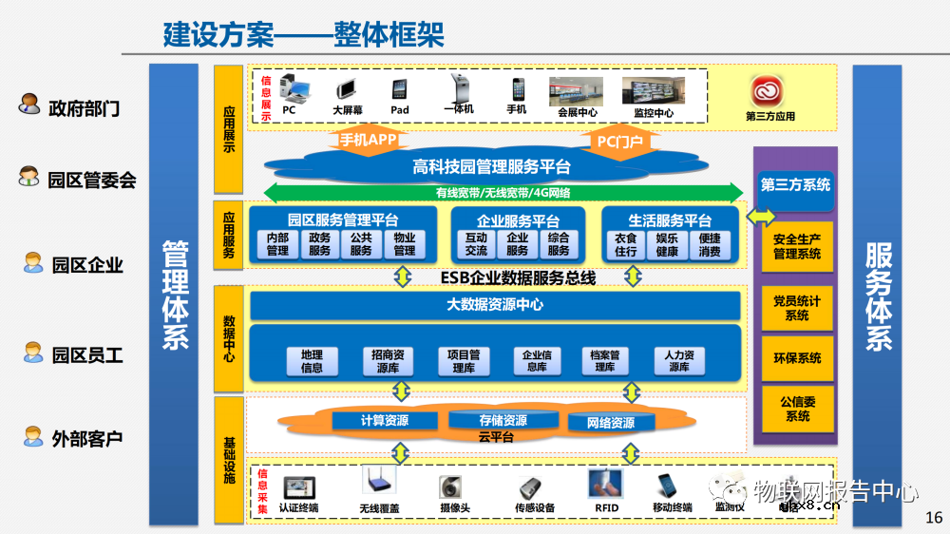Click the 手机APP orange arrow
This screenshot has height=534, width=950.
(368, 140)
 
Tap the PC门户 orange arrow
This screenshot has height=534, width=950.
(619, 142)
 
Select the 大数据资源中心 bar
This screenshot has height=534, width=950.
(494, 305)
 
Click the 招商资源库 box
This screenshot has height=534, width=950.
(387, 361)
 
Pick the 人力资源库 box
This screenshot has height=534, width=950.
(679, 361)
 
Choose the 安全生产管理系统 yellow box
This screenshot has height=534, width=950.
(797, 247)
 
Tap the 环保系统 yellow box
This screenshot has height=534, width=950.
(797, 358)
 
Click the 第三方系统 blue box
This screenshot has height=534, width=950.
(795, 184)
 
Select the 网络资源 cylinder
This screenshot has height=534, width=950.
(611, 422)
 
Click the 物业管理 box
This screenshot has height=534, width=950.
(405, 244)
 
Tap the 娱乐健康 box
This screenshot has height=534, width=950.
(667, 245)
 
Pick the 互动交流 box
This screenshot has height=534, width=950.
(476, 244)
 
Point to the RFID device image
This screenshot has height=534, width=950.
(605, 485)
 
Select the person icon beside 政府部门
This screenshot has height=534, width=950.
(29, 105)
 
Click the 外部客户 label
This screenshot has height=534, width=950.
(87, 439)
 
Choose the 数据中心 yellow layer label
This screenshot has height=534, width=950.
(229, 338)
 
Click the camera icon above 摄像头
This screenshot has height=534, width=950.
(450, 486)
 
